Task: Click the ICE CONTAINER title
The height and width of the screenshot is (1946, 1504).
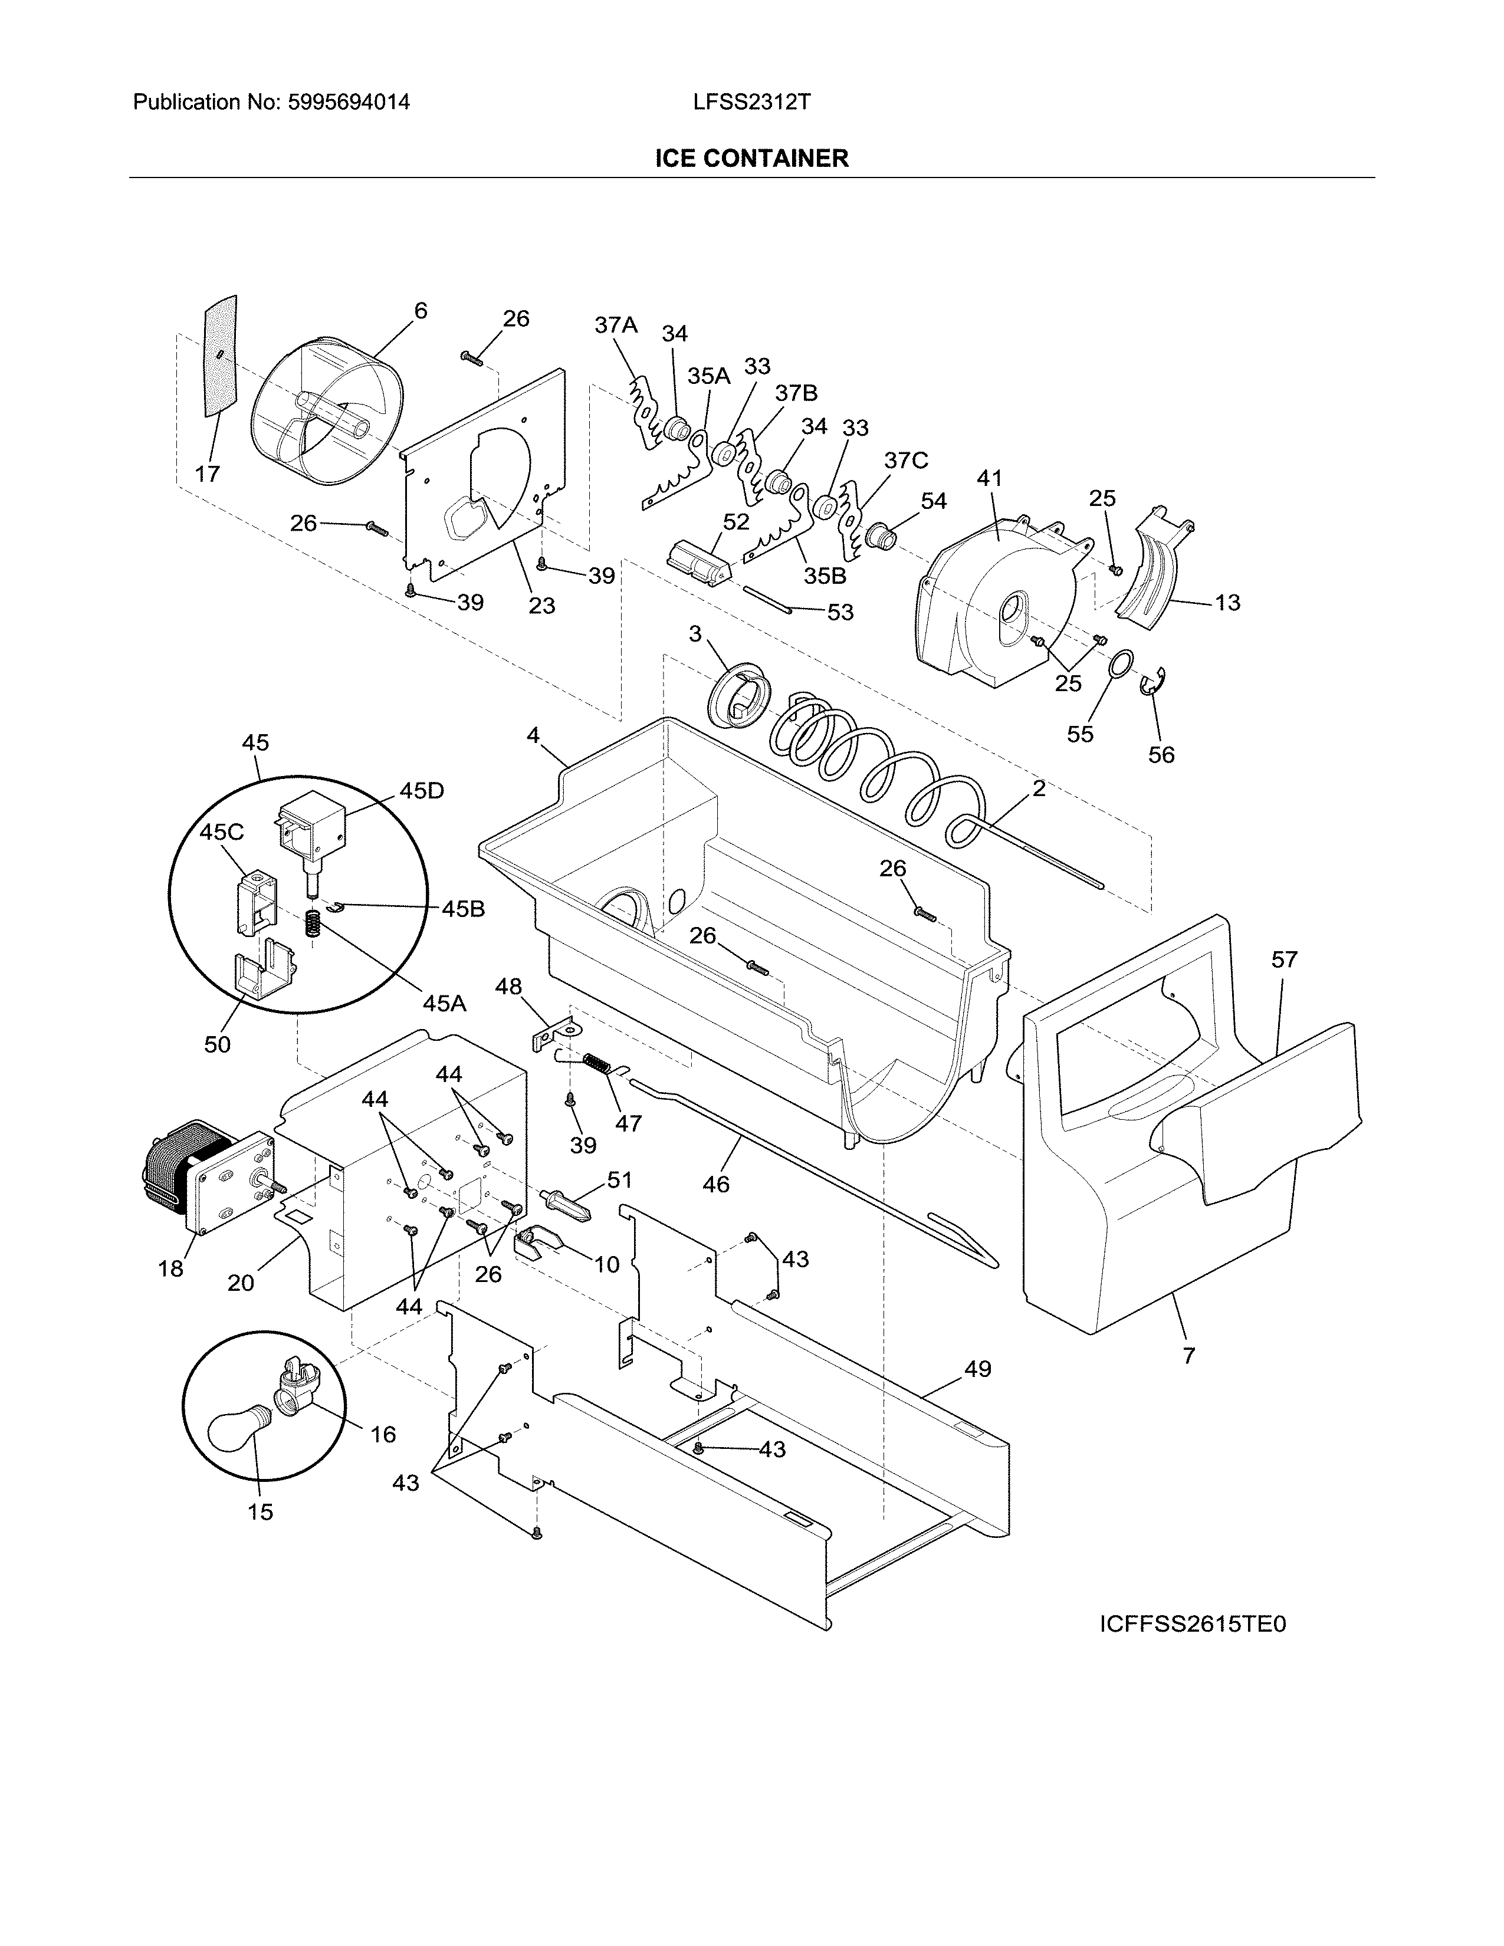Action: (751, 159)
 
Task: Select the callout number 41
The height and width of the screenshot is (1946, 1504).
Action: (989, 478)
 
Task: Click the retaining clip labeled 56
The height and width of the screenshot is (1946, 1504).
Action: (1155, 684)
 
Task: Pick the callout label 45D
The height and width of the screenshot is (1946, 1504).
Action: (422, 791)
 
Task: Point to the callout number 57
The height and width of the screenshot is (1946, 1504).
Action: (1284, 959)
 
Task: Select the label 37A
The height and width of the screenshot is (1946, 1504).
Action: (616, 326)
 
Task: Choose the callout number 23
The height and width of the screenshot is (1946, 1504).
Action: (541, 605)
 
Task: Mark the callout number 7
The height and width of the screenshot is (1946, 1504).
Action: (1188, 1356)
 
